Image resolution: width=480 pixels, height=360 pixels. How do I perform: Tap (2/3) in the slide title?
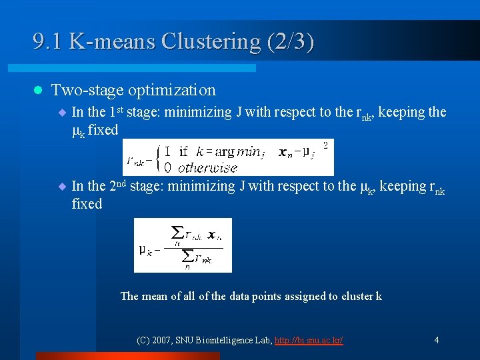click(x=289, y=41)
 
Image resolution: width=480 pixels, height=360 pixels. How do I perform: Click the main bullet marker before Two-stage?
click(x=37, y=90)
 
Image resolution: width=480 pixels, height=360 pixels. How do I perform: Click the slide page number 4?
click(x=436, y=340)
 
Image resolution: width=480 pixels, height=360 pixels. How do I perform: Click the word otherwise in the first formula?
click(x=207, y=167)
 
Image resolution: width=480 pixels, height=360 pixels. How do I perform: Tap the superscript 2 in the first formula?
click(x=325, y=144)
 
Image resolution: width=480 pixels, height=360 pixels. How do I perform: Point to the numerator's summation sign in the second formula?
click(x=178, y=233)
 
